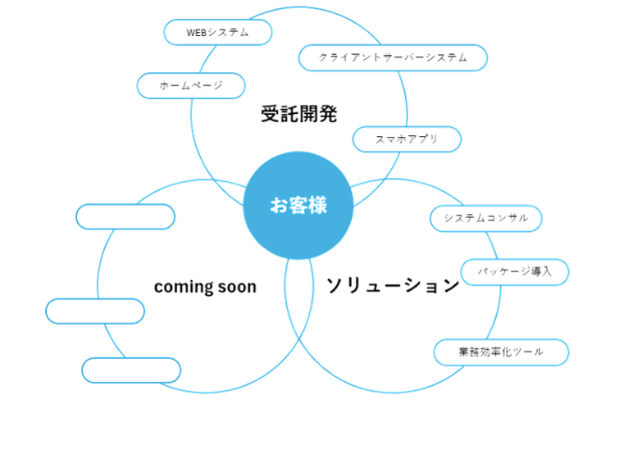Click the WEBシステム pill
click(x=217, y=33)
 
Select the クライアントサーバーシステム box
click(x=392, y=58)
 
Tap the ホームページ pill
click(x=190, y=85)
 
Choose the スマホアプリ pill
click(x=406, y=139)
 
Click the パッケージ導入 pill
click(x=514, y=271)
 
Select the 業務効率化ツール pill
click(x=500, y=352)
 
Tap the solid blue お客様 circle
click(x=298, y=206)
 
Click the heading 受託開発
click(x=298, y=114)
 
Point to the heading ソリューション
click(x=393, y=285)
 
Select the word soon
click(x=237, y=287)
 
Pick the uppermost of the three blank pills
click(x=125, y=216)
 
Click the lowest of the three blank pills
click(x=131, y=370)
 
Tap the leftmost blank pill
click(x=95, y=311)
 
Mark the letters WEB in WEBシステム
click(x=196, y=33)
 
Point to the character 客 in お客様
click(x=298, y=206)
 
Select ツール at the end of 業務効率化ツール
click(x=527, y=352)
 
